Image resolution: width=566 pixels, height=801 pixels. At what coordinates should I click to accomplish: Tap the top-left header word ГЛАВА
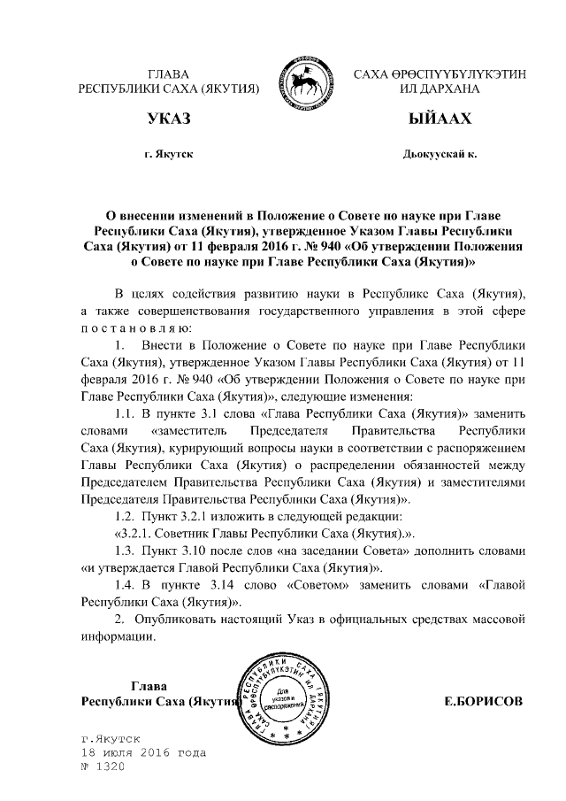click(168, 73)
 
